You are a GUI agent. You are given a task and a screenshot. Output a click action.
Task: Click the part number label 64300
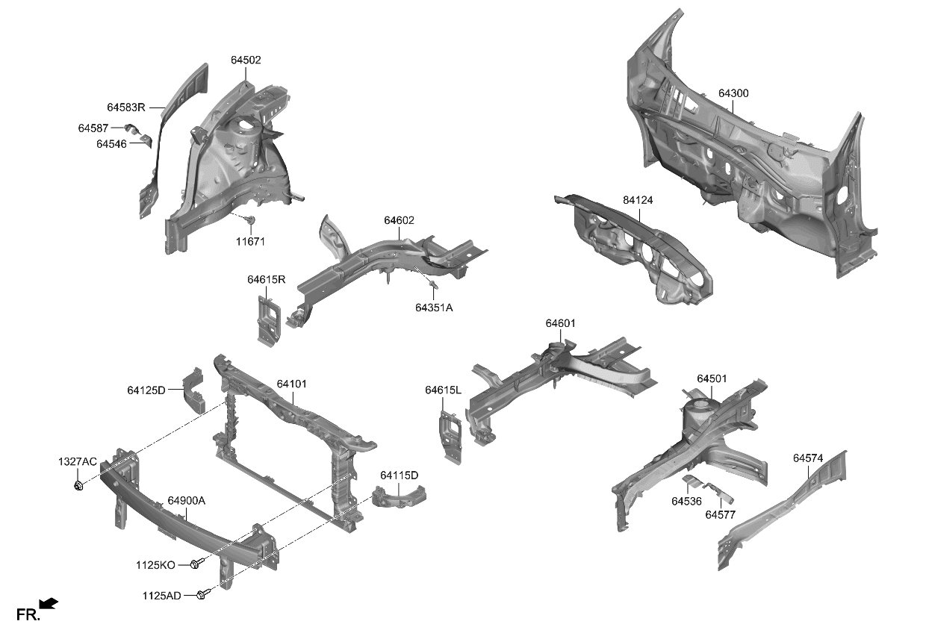733,94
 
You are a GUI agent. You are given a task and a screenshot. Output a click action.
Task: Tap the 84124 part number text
638,201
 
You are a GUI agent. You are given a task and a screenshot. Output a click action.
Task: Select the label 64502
246,60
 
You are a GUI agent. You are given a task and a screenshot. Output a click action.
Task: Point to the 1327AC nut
78,487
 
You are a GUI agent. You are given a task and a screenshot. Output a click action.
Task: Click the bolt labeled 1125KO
197,564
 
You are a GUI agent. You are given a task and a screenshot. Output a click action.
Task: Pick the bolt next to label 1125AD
202,594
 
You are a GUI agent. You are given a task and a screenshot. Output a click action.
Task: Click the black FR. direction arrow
49,603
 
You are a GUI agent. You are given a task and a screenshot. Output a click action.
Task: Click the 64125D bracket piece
195,389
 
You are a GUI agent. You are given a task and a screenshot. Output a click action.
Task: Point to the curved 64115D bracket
400,496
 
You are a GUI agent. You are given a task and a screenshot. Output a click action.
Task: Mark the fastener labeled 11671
251,220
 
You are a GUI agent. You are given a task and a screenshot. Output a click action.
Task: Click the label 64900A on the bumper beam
187,501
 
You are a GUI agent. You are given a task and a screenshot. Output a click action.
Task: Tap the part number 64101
292,384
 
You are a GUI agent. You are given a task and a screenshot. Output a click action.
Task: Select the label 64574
808,458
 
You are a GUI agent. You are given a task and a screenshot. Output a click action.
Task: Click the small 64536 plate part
693,481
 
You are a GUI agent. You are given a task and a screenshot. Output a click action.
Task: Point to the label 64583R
126,107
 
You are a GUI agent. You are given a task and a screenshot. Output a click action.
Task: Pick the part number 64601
560,323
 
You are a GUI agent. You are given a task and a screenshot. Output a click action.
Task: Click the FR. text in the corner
28,615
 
